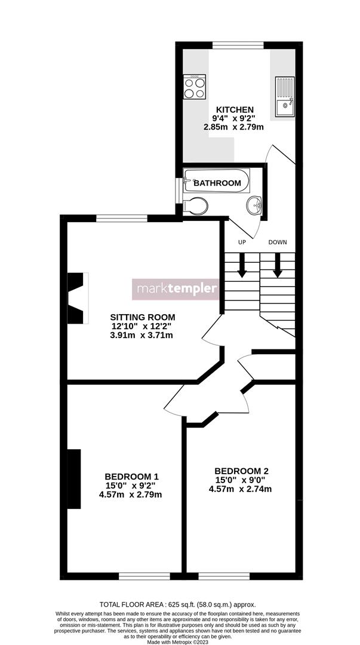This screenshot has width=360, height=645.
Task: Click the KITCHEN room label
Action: pyautogui.click(x=235, y=110)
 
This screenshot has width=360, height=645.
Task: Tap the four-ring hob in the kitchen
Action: pyautogui.click(x=195, y=87)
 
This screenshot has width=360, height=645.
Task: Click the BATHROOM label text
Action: pyautogui.click(x=217, y=183)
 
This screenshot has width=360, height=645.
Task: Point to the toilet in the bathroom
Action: pyautogui.click(x=195, y=206)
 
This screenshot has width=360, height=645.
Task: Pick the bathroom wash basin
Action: pyautogui.click(x=255, y=205)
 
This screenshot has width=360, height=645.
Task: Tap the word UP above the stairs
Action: pyautogui.click(x=242, y=242)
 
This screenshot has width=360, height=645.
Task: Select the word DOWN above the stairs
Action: pyautogui.click(x=278, y=242)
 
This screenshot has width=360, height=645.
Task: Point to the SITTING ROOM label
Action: pyautogui.click(x=143, y=317)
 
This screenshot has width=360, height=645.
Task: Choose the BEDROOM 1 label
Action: pyautogui.click(x=131, y=476)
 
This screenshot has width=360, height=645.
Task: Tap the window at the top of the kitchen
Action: pyautogui.click(x=238, y=44)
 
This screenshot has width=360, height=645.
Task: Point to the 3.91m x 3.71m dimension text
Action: pyautogui.click(x=141, y=336)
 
